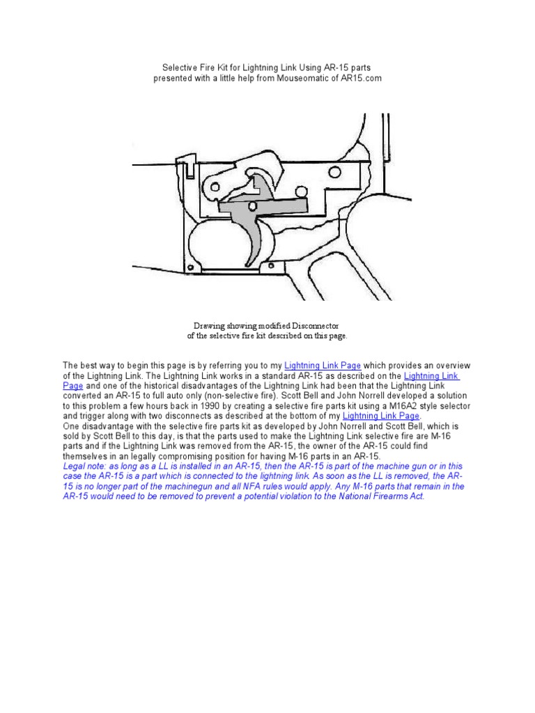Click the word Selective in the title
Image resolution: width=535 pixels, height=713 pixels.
(180, 68)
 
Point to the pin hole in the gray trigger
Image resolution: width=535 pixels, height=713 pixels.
(252, 207)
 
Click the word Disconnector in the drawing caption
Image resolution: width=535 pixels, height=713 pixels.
(316, 326)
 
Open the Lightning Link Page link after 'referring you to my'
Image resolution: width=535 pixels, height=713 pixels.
(323, 366)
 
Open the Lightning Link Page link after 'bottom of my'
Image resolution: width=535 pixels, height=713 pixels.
(381, 416)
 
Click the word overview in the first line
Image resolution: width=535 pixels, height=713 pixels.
(453, 366)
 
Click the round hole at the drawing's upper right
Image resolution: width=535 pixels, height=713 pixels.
(334, 173)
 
